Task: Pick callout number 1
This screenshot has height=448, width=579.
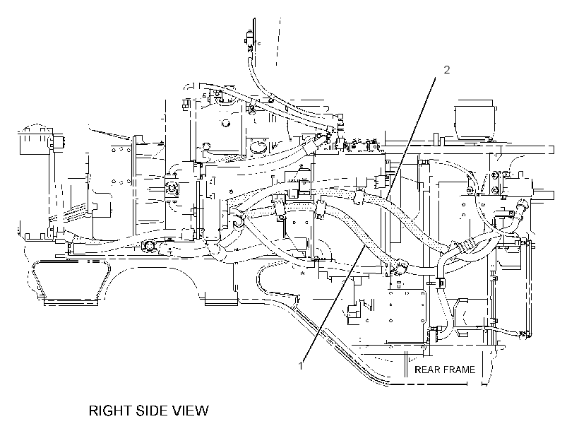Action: pyautogui.click(x=301, y=365)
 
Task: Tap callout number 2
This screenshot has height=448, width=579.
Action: pyautogui.click(x=447, y=69)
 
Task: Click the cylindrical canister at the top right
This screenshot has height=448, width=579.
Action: pyautogui.click(x=475, y=121)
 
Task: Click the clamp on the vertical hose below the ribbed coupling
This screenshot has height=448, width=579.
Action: pyautogui.click(x=440, y=282)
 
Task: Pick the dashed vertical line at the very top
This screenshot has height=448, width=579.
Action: pyautogui.click(x=278, y=42)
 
